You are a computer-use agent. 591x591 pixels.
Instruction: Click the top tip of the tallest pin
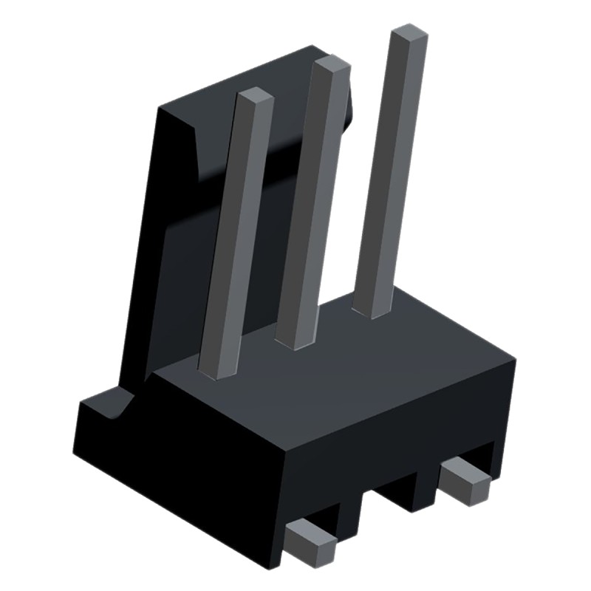409,34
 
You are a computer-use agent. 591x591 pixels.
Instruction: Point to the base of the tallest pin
372,309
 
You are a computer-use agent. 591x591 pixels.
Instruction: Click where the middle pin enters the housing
294,341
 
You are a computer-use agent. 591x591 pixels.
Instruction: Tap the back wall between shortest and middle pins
281,185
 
